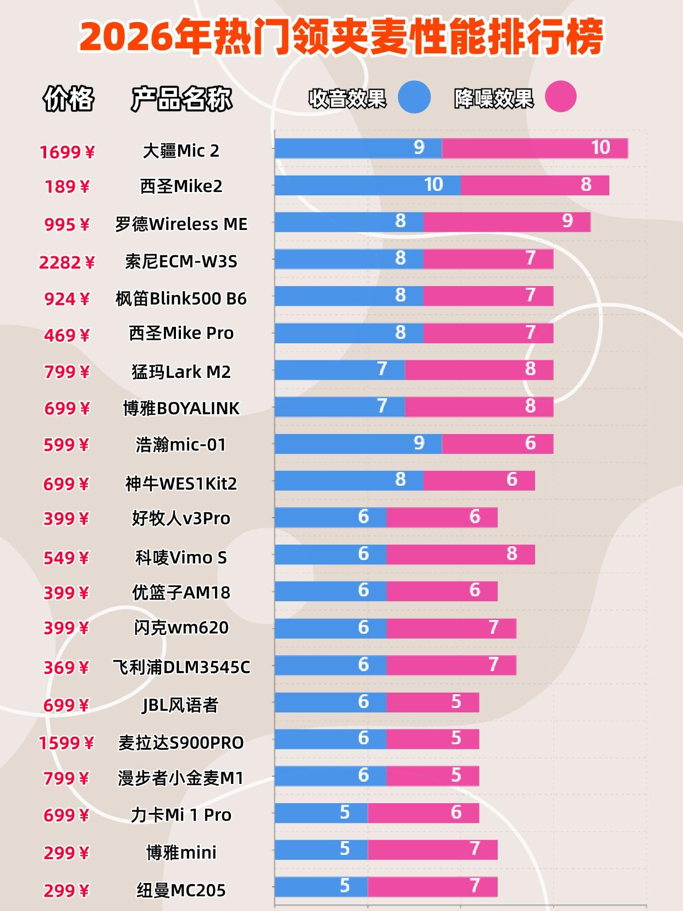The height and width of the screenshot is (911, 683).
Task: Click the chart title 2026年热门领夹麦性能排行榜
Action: coord(341,37)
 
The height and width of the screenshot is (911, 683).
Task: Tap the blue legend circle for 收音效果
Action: coord(414,97)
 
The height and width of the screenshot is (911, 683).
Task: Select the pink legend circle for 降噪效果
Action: coord(560,97)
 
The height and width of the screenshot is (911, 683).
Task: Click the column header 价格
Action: coord(68,99)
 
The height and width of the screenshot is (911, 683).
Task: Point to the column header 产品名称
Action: coord(181,99)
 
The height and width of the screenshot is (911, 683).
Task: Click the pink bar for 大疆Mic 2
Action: coord(535,148)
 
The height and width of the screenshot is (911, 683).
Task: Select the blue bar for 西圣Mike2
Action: coord(367,185)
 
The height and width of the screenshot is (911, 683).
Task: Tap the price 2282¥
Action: coord(67,262)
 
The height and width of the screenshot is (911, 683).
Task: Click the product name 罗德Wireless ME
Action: coord(181,224)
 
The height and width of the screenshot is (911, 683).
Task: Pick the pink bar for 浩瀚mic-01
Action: coord(497,443)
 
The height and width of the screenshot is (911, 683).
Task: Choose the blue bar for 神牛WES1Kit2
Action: coord(349,480)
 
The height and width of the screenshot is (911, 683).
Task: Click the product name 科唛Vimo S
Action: coord(181,558)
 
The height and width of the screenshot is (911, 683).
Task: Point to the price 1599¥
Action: coord(67,743)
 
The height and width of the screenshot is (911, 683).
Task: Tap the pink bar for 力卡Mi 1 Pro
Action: coord(423,813)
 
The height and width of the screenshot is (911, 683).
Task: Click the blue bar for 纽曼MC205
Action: coord(321,886)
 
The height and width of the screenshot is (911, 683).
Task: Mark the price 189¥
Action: coord(67,187)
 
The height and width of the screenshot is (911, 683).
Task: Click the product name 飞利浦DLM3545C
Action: coord(181,667)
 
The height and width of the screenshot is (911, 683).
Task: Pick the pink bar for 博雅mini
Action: coord(432,849)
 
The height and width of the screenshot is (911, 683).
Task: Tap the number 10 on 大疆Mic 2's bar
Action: coord(601,147)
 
